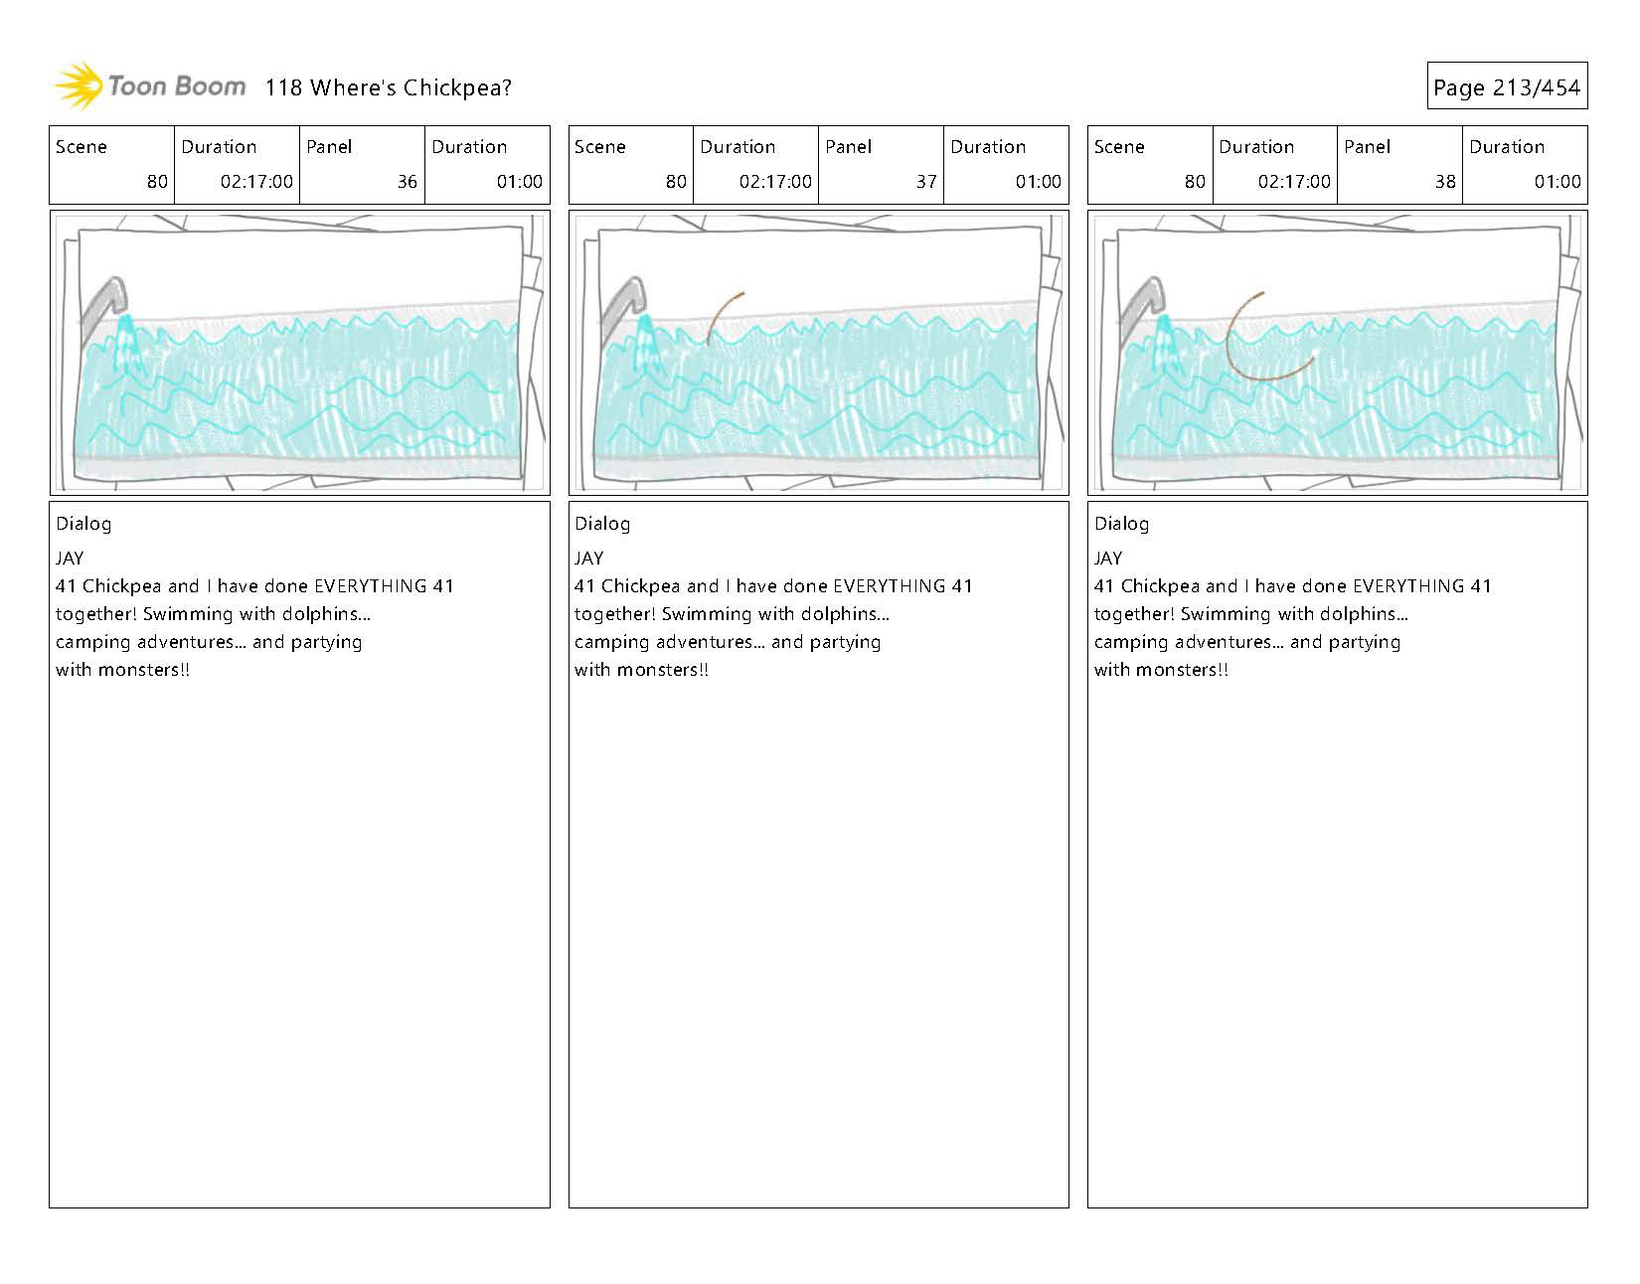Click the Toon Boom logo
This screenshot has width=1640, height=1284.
coord(149,86)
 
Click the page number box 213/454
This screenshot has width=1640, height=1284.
coord(1507,87)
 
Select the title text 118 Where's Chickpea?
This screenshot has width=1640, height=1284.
coord(388,87)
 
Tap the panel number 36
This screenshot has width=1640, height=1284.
coord(407,182)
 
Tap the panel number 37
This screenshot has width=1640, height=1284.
coord(925,182)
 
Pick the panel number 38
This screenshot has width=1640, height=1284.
coord(1444,182)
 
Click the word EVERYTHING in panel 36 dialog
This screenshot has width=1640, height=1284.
coord(370,586)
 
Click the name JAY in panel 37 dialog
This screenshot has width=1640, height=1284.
coord(588,559)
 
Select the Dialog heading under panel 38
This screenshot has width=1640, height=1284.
coord(1121,524)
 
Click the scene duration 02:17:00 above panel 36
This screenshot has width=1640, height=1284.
coord(256,182)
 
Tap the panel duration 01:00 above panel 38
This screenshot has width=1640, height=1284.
coord(1557,182)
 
